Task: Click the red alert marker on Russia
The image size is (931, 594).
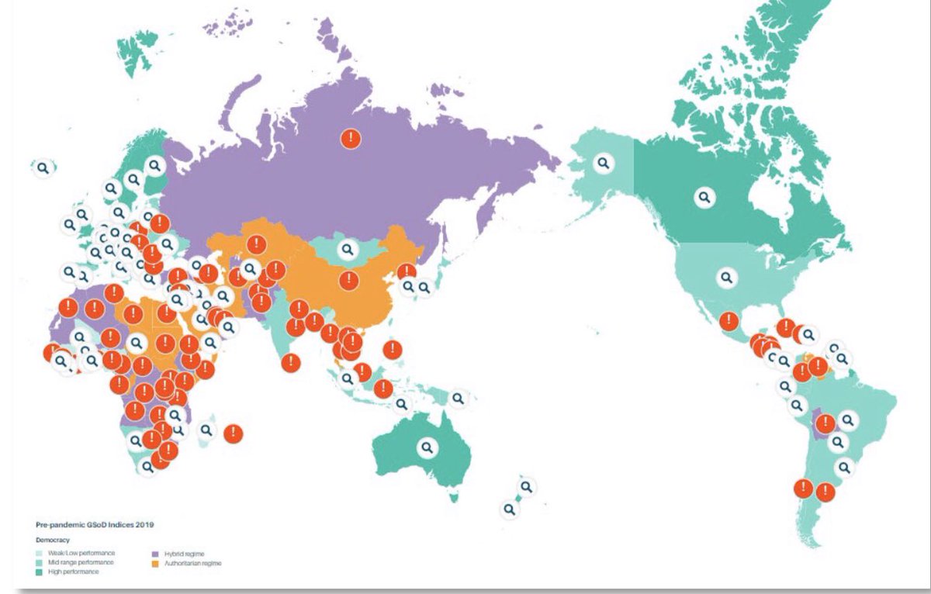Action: point(351,139)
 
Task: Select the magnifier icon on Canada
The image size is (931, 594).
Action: point(704,197)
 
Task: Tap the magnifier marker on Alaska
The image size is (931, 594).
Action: point(604,163)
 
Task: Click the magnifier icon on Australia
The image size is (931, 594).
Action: point(427,447)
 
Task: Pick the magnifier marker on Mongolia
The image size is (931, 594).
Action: point(347,249)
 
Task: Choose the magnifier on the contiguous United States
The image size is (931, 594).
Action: point(727,276)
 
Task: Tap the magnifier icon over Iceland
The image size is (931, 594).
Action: point(44,167)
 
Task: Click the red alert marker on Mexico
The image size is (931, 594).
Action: point(729,320)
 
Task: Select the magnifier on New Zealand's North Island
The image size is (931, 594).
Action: point(527,487)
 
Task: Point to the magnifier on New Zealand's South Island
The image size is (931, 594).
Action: point(509,509)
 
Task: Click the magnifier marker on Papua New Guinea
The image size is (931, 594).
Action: point(458,398)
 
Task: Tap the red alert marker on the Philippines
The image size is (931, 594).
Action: point(393,350)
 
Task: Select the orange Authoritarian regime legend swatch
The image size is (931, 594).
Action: point(154,564)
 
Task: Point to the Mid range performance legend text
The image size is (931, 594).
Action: point(80,562)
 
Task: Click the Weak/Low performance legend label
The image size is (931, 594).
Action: point(81,553)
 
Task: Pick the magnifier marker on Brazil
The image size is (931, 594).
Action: point(848,420)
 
